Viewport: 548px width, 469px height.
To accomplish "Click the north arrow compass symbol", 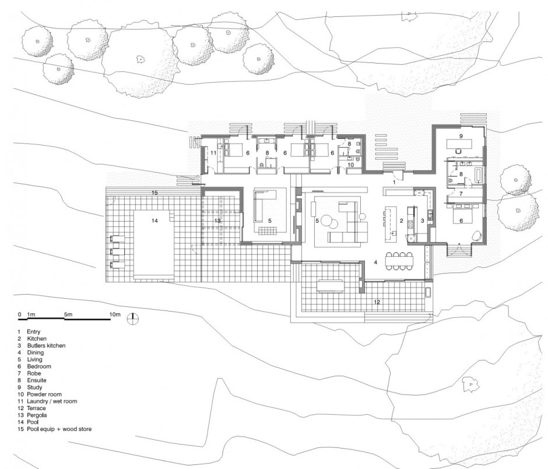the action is pyautogui.click(x=133, y=318).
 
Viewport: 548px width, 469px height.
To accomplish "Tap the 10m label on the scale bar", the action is pyautogui.click(x=115, y=314).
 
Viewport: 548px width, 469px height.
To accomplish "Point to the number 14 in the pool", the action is pyautogui.click(x=155, y=220).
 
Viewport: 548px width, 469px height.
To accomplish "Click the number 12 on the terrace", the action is pyautogui.click(x=377, y=302).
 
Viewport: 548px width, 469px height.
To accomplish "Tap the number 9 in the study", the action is pyautogui.click(x=461, y=136).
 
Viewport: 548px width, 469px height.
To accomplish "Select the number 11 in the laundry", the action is pyautogui.click(x=213, y=153).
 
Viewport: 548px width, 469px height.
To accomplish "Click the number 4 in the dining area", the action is pyautogui.click(x=375, y=262).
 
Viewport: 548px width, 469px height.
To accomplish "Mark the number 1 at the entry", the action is pyautogui.click(x=394, y=182).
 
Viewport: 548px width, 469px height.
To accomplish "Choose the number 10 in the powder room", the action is pyautogui.click(x=351, y=164).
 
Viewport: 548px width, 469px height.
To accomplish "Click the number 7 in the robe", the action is pyautogui.click(x=461, y=194).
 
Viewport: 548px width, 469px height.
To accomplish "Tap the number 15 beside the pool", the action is pyautogui.click(x=155, y=192).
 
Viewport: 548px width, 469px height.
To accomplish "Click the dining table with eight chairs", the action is pyautogui.click(x=399, y=261).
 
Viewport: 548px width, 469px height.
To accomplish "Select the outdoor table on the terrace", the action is pyautogui.click(x=330, y=285).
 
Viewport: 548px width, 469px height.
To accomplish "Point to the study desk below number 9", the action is pyautogui.click(x=459, y=143).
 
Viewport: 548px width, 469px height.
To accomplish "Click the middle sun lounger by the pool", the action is pyautogui.click(x=117, y=252).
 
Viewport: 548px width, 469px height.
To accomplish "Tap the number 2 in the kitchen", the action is pyautogui.click(x=402, y=220).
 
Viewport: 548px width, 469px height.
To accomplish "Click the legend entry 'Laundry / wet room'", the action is pyautogui.click(x=52, y=401).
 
